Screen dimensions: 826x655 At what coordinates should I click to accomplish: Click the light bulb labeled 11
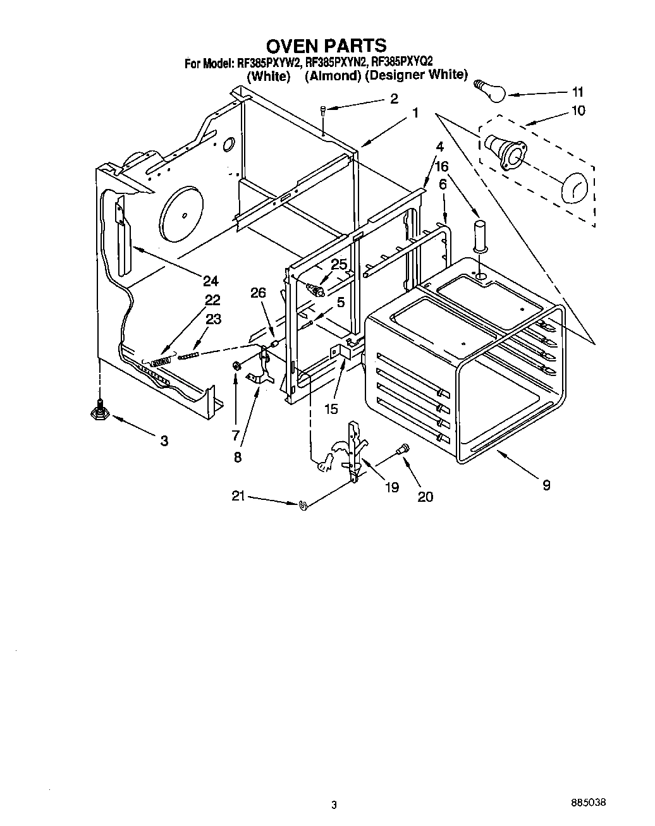click(489, 90)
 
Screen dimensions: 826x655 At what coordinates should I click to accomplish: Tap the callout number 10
click(578, 111)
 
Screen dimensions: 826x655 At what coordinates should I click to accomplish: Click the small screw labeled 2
click(323, 111)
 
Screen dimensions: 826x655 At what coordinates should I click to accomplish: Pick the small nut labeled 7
click(236, 365)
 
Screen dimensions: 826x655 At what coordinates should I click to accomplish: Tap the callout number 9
click(546, 485)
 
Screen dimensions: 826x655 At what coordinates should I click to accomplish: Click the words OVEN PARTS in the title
click(326, 46)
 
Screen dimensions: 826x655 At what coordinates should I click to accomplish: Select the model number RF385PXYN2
click(335, 63)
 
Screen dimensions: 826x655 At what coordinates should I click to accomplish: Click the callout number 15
click(331, 409)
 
